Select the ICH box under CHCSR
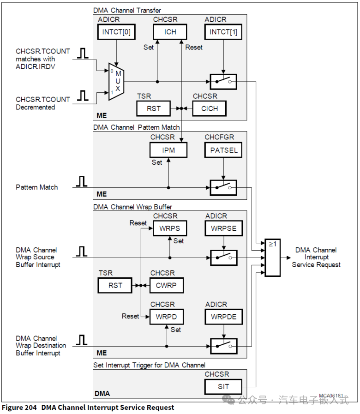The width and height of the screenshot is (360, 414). pyautogui.click(x=170, y=32)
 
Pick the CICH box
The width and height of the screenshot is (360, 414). pyautogui.click(x=210, y=108)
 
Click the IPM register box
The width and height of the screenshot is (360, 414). pyautogui.click(x=169, y=150)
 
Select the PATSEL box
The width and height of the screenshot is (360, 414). pyautogui.click(x=223, y=150)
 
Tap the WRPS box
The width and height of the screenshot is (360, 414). pyautogui.click(x=170, y=228)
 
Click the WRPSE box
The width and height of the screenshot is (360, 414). pyautogui.click(x=223, y=228)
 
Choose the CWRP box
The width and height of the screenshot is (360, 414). pyautogui.click(x=166, y=285)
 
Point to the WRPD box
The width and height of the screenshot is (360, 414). pyautogui.click(x=166, y=317)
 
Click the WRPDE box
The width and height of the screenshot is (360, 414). pyautogui.click(x=223, y=317)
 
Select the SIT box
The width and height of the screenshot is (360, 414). pyautogui.click(x=223, y=386)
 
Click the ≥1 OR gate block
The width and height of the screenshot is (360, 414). pyautogui.click(x=272, y=258)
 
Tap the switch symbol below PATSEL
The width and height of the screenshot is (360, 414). pyautogui.click(x=223, y=187)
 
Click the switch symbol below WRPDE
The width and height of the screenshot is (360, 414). pyautogui.click(x=223, y=346)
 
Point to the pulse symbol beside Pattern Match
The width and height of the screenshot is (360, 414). pyautogui.click(x=82, y=182)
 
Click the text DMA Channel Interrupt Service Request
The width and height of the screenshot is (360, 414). pyautogui.click(x=316, y=258)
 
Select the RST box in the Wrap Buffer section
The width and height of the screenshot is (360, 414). pyautogui.click(x=115, y=285)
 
